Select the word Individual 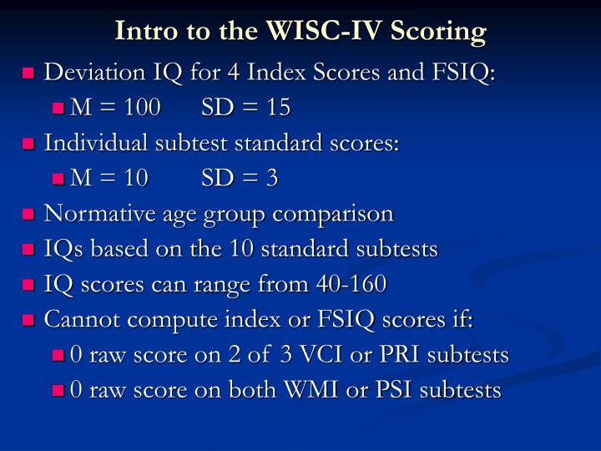pyautogui.click(x=93, y=143)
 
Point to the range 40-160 pyautogui.click(x=351, y=284)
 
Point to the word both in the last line pyautogui.click(x=237, y=390)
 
